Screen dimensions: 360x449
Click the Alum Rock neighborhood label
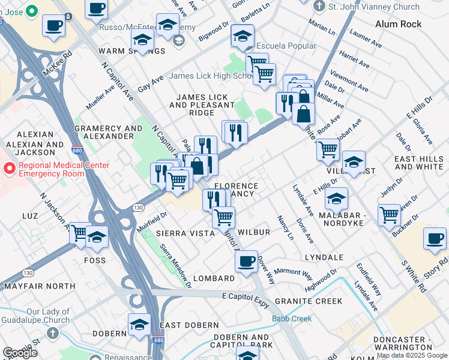398,24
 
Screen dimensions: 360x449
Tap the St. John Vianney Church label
374,7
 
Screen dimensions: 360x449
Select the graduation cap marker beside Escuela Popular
243,37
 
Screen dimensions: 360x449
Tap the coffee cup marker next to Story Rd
435,239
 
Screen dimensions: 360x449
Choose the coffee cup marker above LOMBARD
246,262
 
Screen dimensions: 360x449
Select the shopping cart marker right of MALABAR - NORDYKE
390,215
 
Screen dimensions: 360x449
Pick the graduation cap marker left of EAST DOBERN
139,325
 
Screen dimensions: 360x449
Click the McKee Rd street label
58,62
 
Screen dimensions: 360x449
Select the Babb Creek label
292,319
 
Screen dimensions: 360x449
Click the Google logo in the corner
19,353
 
